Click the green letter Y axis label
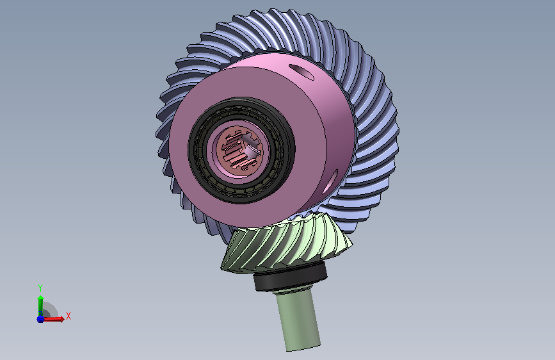[x=40, y=288]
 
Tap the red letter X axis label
[x=68, y=316]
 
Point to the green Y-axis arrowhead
[x=41, y=298]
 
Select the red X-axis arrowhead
[x=61, y=319]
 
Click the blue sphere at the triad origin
[x=40, y=319]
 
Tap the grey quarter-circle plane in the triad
[x=49, y=309]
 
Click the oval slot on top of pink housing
[x=302, y=72]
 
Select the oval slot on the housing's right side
[x=331, y=181]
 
